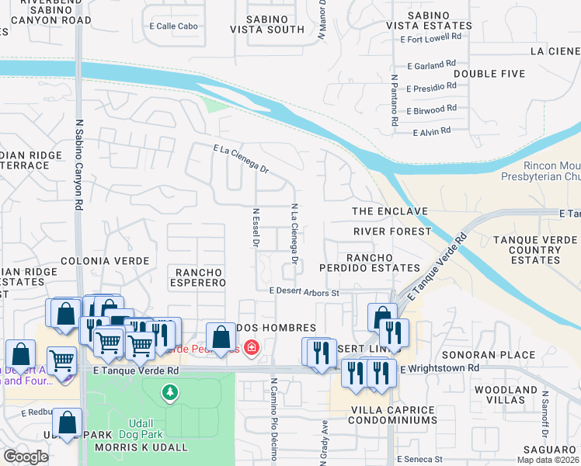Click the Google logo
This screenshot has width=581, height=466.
(25, 457)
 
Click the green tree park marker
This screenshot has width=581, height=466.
(169, 393)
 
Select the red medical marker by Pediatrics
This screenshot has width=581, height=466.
(251, 347)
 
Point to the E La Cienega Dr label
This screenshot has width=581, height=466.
(240, 158)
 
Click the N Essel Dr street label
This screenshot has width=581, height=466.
(255, 227)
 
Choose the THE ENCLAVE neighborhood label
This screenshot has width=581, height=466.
(390, 211)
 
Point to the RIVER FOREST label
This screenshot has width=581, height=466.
(391, 231)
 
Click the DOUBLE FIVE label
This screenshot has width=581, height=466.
(489, 74)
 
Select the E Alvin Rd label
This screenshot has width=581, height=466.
(433, 132)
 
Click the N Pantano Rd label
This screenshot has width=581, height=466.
(395, 101)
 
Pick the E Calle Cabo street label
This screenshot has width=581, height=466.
(173, 26)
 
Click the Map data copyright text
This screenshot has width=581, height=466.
(547, 460)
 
